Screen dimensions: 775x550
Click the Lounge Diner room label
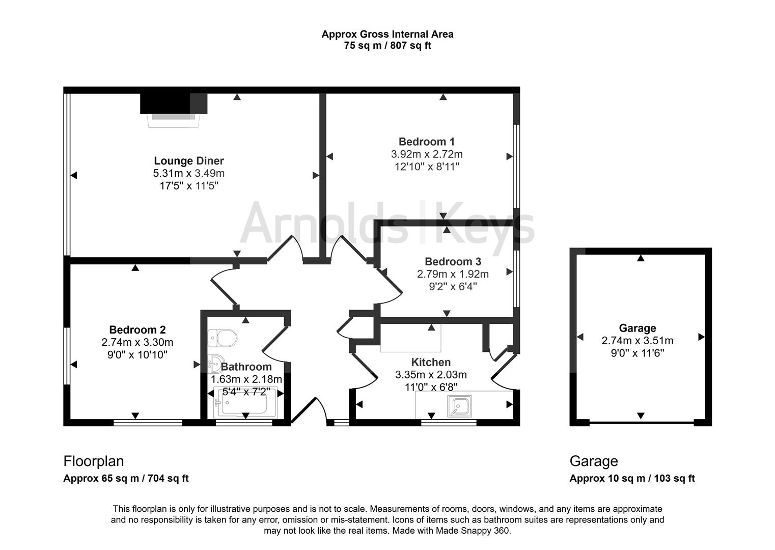click(x=189, y=161)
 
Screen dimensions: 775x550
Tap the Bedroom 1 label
click(x=427, y=142)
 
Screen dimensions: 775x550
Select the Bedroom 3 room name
click(x=453, y=261)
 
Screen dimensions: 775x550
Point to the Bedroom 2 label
click(x=137, y=329)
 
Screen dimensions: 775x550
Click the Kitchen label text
click(x=431, y=362)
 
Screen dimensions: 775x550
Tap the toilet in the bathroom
click(x=222, y=338)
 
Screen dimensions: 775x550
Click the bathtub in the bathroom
click(x=245, y=402)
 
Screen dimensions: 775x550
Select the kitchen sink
click(x=459, y=406)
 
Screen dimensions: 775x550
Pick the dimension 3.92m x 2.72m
click(x=427, y=154)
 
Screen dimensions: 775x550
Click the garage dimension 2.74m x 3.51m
click(x=638, y=341)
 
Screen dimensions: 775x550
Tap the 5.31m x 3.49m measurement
click(x=189, y=173)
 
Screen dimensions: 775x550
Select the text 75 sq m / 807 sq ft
click(x=387, y=45)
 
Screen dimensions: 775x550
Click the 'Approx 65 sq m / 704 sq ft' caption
click(x=126, y=478)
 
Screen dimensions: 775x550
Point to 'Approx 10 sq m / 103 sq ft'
click(x=632, y=478)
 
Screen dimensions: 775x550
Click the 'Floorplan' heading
click(x=93, y=461)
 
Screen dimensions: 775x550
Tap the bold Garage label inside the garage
click(x=638, y=328)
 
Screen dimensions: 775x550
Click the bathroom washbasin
click(x=216, y=364)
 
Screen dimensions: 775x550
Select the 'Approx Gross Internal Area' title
click(x=387, y=34)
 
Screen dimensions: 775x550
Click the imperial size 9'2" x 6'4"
click(x=453, y=287)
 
